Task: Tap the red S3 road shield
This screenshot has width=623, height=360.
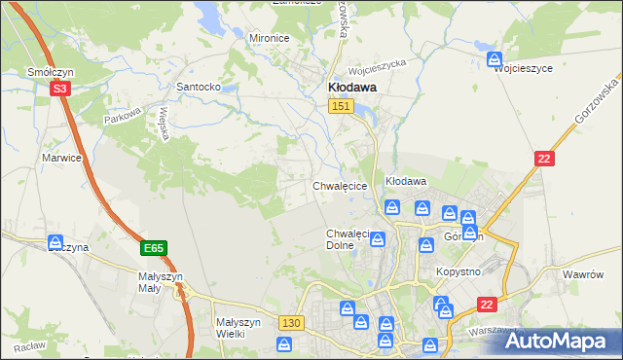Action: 60,89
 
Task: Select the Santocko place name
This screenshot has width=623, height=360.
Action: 198,87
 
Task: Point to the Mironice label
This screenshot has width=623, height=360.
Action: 270,38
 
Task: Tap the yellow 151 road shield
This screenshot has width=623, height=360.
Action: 340,106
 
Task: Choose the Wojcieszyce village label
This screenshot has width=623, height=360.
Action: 524,69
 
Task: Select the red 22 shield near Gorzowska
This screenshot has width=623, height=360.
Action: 543,159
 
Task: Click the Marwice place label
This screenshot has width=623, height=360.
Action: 60,157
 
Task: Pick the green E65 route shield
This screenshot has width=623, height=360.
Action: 153,249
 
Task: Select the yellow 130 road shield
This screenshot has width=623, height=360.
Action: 290,322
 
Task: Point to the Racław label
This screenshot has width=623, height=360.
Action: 29,346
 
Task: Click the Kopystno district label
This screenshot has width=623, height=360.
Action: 458,270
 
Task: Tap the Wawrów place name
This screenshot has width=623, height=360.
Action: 584,274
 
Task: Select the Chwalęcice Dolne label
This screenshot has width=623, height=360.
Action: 348,239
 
